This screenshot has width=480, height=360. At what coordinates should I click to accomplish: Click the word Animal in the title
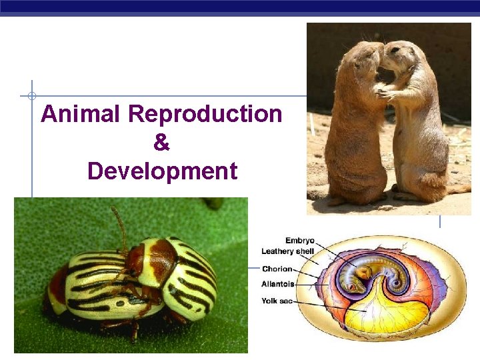coord(81,114)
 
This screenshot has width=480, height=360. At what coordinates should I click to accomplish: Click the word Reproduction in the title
coord(205,114)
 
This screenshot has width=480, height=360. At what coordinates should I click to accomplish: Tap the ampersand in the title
coord(161,143)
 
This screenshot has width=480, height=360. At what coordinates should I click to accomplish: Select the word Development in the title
coord(162,171)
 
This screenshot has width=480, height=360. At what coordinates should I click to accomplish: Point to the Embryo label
coord(300,241)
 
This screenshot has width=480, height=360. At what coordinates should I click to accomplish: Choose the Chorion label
coord(277,269)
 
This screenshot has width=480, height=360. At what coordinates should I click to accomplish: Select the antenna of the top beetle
coord(120,223)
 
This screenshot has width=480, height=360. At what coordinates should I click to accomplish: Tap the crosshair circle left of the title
coord(31,95)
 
